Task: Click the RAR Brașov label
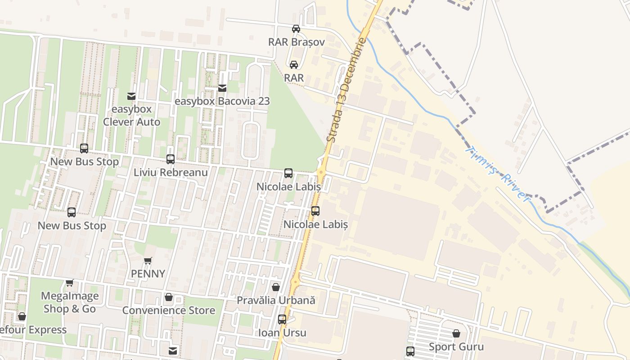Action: pyautogui.click(x=296, y=42)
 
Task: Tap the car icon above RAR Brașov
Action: pyautogui.click(x=296, y=29)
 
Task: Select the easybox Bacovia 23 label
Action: pyautogui.click(x=222, y=101)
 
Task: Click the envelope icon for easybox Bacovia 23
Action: pyautogui.click(x=222, y=88)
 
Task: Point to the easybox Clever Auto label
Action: pyautogui.click(x=131, y=116)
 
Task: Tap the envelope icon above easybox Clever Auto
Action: pyautogui.click(x=131, y=96)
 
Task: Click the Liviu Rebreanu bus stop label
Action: pyautogui.click(x=171, y=172)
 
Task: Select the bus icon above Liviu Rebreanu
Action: pyautogui.click(x=171, y=159)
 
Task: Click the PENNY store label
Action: pyautogui.click(x=148, y=274)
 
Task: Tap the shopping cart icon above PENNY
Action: pyautogui.click(x=148, y=261)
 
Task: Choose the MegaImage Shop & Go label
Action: pyautogui.click(x=69, y=302)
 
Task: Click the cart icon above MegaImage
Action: pyautogui.click(x=69, y=283)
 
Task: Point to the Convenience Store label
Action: pyautogui.click(x=169, y=310)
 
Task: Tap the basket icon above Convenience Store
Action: pyautogui.click(x=169, y=297)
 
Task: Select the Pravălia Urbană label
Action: pyautogui.click(x=276, y=300)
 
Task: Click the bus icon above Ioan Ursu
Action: pyautogui.click(x=282, y=319)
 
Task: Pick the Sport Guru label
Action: pyautogui.click(x=456, y=347)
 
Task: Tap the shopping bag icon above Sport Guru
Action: pyautogui.click(x=456, y=333)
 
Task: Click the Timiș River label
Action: pyautogui.click(x=498, y=173)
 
